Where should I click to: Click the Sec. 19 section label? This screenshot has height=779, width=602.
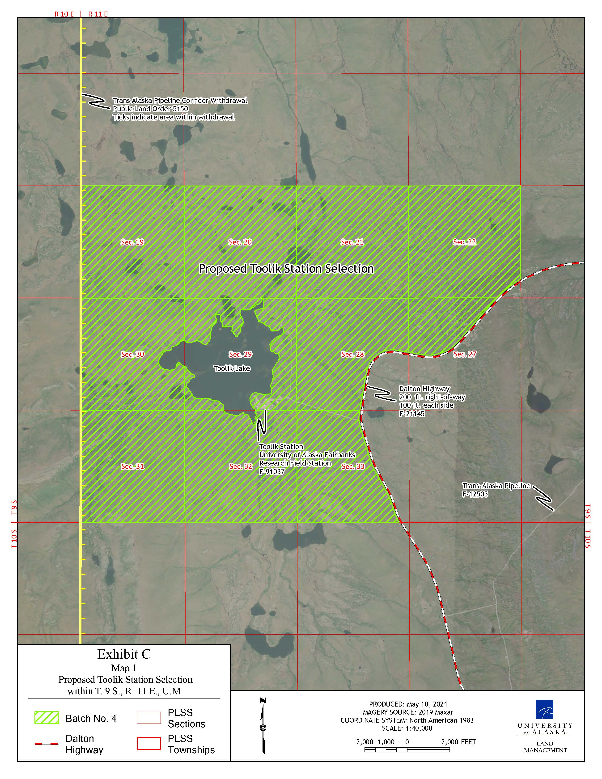(132, 242)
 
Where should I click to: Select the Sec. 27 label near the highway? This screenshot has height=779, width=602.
(464, 354)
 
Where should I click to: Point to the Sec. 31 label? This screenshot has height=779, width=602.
(132, 466)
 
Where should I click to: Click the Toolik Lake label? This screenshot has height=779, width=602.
(232, 368)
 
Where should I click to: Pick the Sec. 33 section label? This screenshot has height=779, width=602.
(353, 466)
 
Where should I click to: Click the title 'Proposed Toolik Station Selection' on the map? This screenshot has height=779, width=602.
(286, 269)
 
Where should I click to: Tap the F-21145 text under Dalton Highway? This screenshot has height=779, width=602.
(412, 414)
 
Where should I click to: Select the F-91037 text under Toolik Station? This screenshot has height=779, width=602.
(272, 472)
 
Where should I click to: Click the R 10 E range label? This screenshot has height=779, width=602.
(64, 14)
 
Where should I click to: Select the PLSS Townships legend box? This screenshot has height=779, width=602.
(149, 744)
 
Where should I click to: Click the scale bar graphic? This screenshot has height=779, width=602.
(407, 750)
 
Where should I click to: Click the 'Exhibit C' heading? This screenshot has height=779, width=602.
(124, 654)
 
